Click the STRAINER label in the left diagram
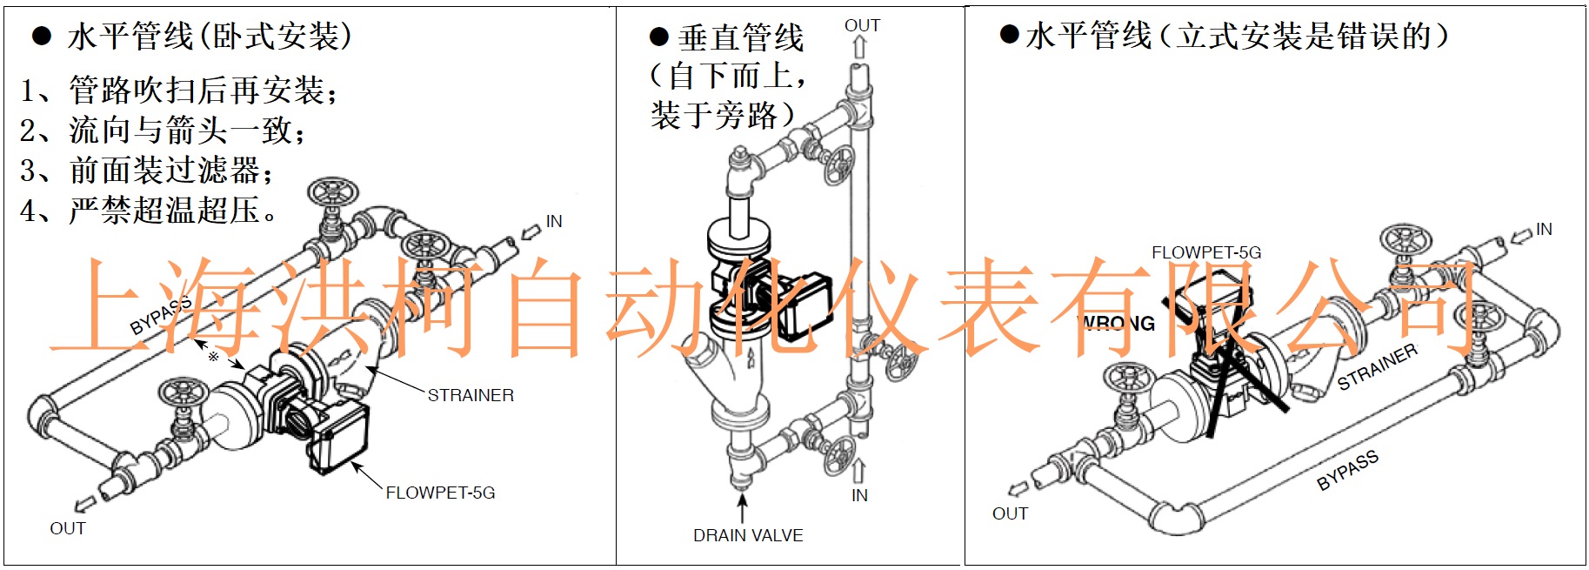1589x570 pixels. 471,395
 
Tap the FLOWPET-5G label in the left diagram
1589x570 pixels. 440,493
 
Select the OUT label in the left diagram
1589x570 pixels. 68,528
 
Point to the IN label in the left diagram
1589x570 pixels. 554,222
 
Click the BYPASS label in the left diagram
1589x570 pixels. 160,316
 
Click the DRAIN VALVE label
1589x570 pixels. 748,535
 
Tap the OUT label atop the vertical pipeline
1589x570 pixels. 862,26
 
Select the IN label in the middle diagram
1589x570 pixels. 859,495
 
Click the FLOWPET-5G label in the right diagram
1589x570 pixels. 1206,252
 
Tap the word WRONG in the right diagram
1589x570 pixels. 1118,324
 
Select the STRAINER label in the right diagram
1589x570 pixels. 1378,366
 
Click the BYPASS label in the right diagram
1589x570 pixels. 1347,470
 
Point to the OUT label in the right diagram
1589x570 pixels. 1010,513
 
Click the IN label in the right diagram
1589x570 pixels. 1544,229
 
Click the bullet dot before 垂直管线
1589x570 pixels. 658,37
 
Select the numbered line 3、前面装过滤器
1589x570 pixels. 146,171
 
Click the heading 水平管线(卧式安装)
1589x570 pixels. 210,37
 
